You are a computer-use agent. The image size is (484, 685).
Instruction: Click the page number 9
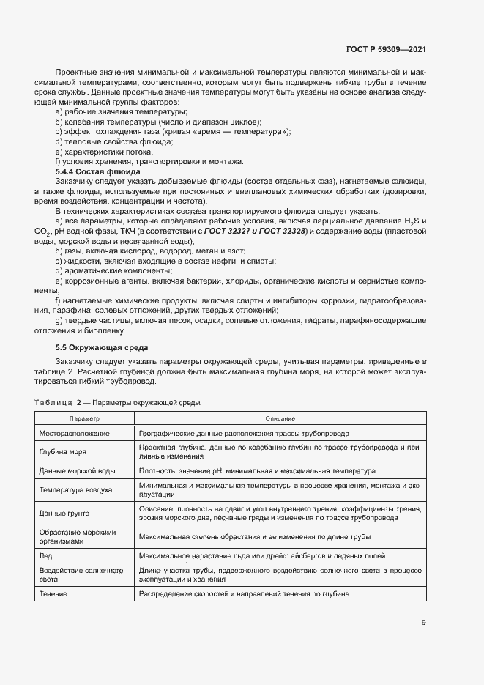click(423, 623)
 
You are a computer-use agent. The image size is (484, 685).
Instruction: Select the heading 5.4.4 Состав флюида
click(98, 171)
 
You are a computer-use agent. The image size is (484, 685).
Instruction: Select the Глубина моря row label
click(63, 452)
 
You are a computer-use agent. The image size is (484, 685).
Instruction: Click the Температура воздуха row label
click(75, 489)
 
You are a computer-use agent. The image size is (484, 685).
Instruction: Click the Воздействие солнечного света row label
click(81, 576)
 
